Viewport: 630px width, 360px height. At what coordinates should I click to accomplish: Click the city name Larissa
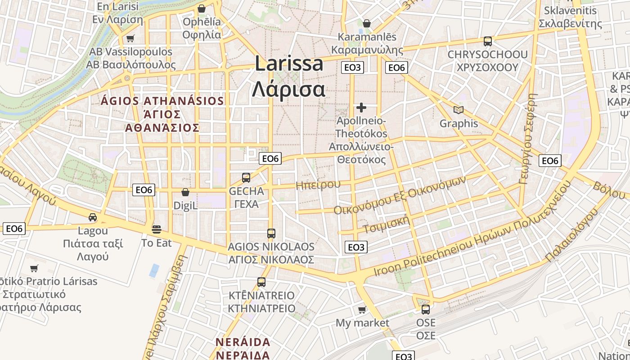289,63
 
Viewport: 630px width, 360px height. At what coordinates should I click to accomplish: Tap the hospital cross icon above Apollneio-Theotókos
361,108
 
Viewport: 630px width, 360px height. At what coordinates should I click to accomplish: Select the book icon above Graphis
459,110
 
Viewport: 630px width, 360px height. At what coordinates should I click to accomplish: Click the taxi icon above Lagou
93,217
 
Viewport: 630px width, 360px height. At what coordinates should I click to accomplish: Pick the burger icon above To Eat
157,229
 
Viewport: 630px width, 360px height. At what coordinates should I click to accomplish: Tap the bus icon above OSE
426,310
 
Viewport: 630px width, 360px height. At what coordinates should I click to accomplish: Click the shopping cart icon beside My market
362,310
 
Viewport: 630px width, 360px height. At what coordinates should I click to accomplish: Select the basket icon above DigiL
185,192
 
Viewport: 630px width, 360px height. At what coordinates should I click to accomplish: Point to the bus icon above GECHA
246,178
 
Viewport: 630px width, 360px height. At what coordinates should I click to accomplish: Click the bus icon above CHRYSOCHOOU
487,41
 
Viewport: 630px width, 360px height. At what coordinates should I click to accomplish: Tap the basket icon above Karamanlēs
367,23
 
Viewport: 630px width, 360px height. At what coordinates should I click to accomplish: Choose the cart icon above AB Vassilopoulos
130,39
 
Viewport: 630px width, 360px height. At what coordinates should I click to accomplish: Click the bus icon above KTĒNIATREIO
261,282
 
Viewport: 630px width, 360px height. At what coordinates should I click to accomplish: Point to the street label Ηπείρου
318,184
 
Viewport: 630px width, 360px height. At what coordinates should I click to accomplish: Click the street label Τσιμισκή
387,223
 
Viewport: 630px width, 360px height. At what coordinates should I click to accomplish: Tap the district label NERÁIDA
243,342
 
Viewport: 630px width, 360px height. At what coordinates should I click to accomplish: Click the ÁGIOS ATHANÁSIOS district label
162,101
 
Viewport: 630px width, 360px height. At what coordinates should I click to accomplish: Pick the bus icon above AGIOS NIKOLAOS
271,234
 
